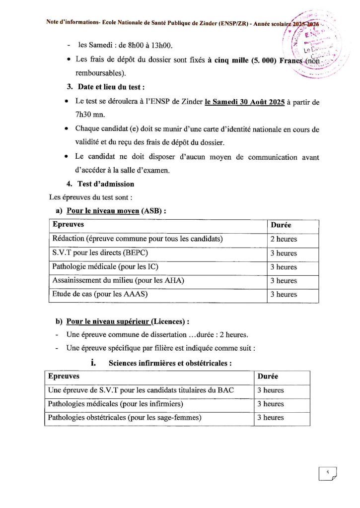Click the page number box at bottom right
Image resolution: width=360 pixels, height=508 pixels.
[328, 474]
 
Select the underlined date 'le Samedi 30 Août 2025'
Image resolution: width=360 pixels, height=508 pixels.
[244, 102]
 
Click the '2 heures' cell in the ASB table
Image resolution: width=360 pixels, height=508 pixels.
[284, 239]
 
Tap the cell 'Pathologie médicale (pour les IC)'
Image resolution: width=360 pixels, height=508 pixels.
[105, 267]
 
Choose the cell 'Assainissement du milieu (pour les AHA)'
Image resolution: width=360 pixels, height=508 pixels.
[118, 281]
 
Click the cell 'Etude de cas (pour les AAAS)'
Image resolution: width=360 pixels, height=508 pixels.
[100, 294]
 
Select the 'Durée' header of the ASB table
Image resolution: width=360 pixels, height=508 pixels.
[281, 225]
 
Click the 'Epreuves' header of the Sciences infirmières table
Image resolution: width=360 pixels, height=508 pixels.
[63, 377]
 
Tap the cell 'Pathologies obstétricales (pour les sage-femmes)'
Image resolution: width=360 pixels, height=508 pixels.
[125, 418]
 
